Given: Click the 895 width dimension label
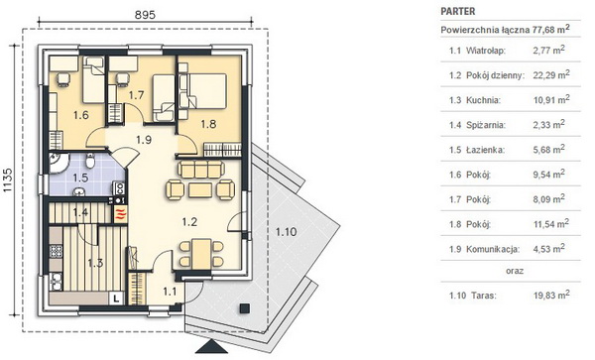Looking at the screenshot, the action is (x=146, y=15).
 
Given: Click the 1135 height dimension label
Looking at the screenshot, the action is (x=8, y=180).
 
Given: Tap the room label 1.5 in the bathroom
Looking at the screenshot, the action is (x=80, y=178).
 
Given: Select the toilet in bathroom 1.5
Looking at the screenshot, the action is (x=90, y=161).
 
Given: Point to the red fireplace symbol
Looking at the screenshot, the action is (x=120, y=213).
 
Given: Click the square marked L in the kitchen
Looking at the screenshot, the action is (x=116, y=299).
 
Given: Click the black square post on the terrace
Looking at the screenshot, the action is (x=245, y=308).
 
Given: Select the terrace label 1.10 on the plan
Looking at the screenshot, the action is (x=287, y=231).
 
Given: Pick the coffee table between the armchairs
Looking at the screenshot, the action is (x=200, y=189).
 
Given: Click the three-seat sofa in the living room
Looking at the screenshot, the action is (x=200, y=169).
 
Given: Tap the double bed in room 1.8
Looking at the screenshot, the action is (x=207, y=91).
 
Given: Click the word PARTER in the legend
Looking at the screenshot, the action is (x=458, y=11).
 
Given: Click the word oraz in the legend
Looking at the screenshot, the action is (x=515, y=271).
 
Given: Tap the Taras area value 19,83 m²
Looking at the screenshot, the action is (x=551, y=295).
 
